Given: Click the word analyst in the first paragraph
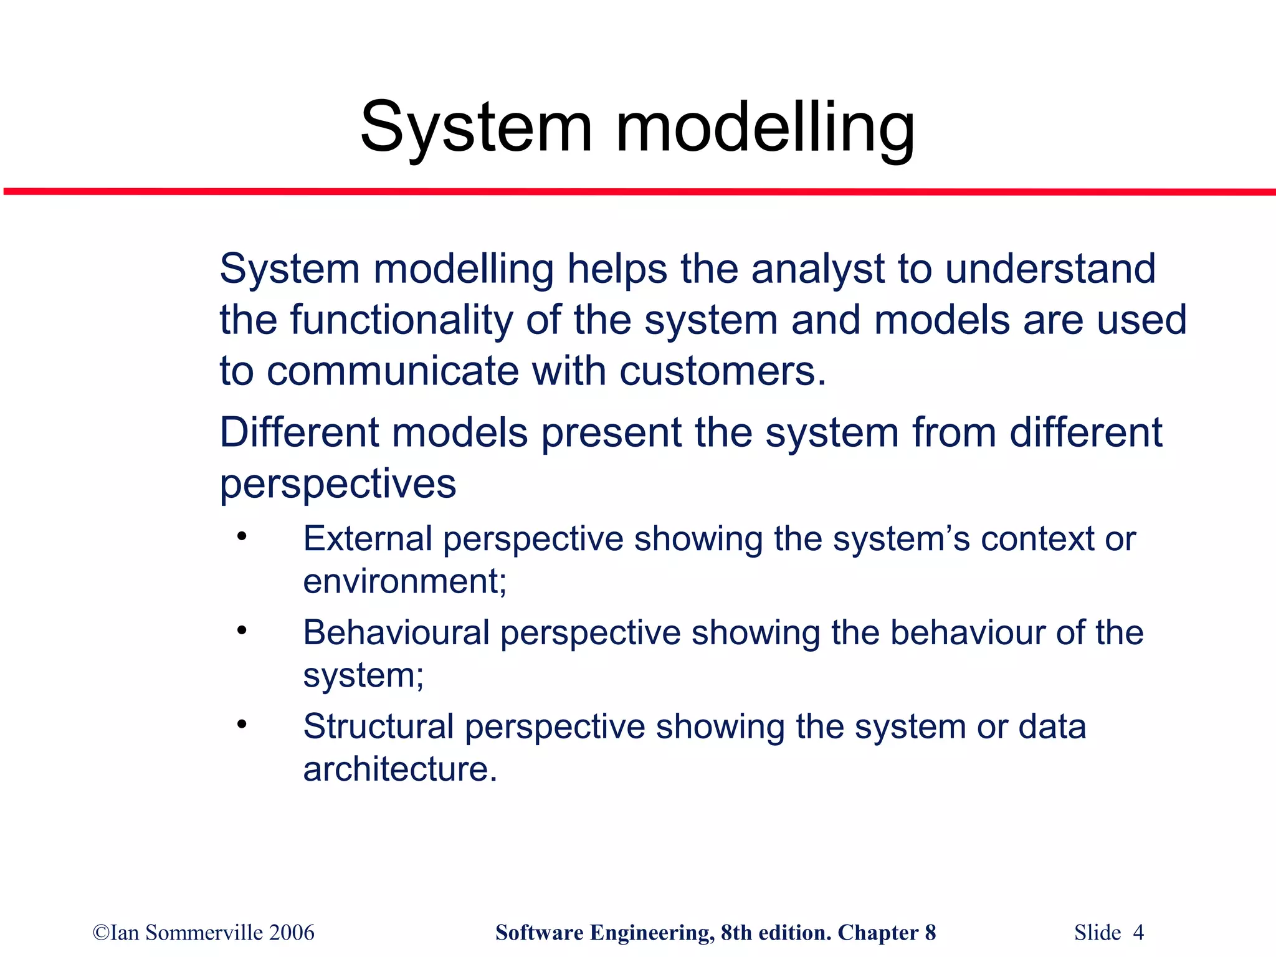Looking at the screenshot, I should (x=817, y=269).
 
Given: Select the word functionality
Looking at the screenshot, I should (x=401, y=320).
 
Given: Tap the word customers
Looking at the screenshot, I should (x=722, y=371).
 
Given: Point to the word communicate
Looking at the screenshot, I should (x=393, y=371).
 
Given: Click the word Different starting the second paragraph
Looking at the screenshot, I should (x=299, y=432).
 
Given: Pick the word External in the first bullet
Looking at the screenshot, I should (x=367, y=538).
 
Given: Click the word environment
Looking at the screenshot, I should (x=404, y=581).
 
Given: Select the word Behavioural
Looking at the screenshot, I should (x=396, y=632).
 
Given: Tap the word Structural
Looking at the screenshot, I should (x=378, y=726).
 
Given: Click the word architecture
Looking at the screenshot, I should (x=399, y=769).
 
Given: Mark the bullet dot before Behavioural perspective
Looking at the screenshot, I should (x=242, y=631).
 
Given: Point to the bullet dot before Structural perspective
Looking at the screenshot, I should (x=242, y=725).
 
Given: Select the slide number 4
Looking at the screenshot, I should (x=1138, y=933).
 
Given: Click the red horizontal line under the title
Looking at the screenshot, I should (x=638, y=191).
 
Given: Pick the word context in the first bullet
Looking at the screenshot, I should (x=1037, y=538).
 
